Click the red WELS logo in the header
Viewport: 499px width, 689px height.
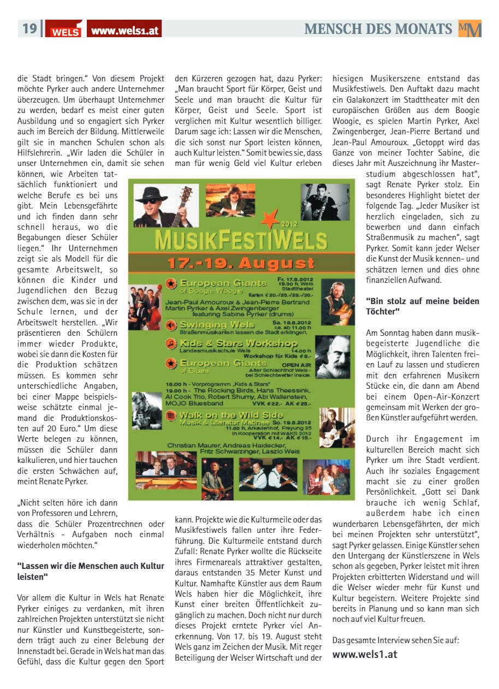(x=64, y=29)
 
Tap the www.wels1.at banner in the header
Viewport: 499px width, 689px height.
(x=124, y=30)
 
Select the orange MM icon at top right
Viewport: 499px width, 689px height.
(x=470, y=29)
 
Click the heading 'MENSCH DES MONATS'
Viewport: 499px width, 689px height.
(x=378, y=29)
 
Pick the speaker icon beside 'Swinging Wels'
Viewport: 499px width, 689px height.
(x=171, y=325)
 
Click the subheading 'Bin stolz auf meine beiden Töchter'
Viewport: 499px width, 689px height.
(x=422, y=306)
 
